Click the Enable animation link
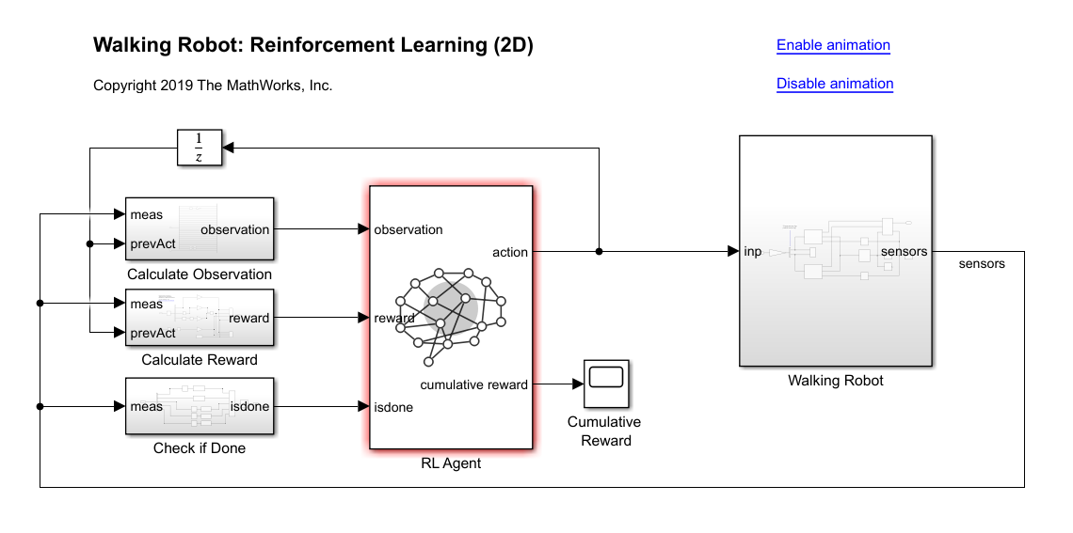point(833,45)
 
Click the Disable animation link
point(835,84)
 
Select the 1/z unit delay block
point(199,148)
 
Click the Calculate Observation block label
point(200,274)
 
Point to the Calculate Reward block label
point(200,360)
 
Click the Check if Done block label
point(200,448)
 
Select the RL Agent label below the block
point(451,463)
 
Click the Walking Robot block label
point(836,381)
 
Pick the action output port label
point(510,252)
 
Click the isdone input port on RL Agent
point(392,408)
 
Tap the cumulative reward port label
point(473,384)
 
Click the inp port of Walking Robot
point(753,252)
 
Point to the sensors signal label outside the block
point(982,264)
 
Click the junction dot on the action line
point(600,252)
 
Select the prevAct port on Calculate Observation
point(152,244)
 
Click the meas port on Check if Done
point(146,407)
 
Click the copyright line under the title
point(213,86)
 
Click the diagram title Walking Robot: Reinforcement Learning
point(313,45)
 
